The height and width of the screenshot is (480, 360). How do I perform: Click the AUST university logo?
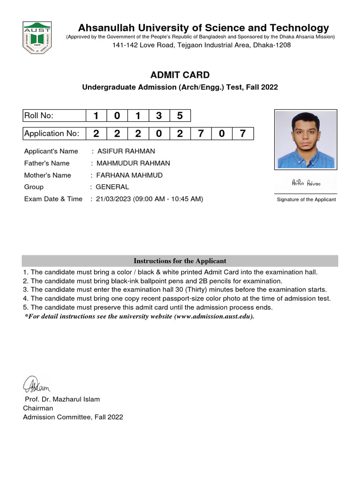point(37,36)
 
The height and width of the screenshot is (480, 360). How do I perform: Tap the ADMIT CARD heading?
point(180,75)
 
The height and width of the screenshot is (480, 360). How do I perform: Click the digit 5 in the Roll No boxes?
point(180,116)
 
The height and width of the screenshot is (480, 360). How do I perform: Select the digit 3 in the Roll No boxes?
point(158,116)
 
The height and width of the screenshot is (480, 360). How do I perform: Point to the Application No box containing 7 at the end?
point(242,134)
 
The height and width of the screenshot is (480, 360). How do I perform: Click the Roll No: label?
point(39,116)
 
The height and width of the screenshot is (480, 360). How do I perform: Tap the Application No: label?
point(52,134)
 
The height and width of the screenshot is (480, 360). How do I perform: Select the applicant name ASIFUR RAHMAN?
point(126,151)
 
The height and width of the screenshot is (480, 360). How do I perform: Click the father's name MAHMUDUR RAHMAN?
point(133,163)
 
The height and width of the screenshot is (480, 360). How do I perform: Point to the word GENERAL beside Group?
point(112,187)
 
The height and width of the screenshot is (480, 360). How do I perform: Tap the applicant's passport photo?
point(306,139)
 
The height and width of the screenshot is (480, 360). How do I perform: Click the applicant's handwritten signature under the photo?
point(306,183)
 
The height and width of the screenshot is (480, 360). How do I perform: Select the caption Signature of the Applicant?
point(306,200)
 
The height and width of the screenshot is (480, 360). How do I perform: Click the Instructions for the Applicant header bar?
point(180,261)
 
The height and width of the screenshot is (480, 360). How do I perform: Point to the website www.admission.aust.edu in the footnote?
point(214,316)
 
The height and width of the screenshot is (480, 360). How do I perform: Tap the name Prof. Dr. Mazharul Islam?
point(62,399)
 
